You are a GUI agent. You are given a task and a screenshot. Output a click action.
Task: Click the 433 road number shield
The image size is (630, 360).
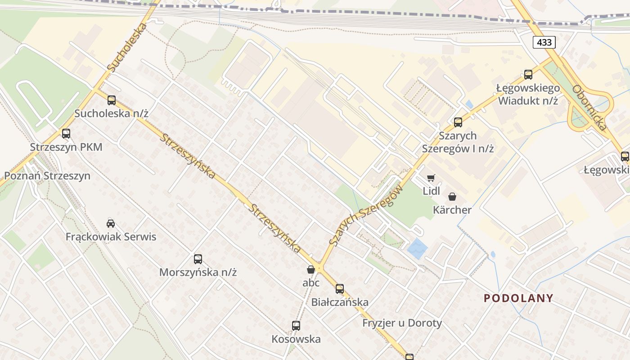[544, 43]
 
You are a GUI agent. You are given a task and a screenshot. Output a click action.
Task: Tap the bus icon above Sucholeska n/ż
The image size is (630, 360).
[112, 100]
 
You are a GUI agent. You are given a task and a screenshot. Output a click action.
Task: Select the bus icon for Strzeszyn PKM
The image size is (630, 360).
[66, 134]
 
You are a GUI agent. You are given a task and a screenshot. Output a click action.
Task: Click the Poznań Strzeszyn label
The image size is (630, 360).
[47, 176]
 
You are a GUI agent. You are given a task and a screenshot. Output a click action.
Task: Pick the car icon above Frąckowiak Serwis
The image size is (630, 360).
[111, 223]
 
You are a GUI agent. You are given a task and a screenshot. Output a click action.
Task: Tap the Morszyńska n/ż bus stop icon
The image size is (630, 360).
[198, 259]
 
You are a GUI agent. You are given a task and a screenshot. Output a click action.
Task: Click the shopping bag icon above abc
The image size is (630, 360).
[310, 270]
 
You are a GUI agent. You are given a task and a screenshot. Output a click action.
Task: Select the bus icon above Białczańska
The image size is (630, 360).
[340, 288]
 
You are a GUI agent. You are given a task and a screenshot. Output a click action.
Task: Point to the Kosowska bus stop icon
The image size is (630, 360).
[296, 325]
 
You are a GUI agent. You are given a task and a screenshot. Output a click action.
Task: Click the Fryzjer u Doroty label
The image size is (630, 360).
[402, 323]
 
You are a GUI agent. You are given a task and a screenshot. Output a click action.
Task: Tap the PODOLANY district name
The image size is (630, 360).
[518, 298]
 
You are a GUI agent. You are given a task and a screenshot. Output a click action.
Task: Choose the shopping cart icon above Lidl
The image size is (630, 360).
[431, 178]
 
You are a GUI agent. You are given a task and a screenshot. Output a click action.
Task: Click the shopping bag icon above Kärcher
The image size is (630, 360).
[452, 197]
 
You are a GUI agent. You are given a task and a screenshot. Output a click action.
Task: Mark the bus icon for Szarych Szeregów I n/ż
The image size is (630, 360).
[458, 122]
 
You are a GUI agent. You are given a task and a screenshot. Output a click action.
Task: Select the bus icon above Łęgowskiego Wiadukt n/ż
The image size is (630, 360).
[528, 74]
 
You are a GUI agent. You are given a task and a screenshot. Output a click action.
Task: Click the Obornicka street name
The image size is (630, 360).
[589, 107]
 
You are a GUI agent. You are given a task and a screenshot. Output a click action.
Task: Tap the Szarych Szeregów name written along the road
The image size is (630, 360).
[365, 216]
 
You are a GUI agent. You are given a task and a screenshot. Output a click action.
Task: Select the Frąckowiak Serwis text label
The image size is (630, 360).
[111, 237]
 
